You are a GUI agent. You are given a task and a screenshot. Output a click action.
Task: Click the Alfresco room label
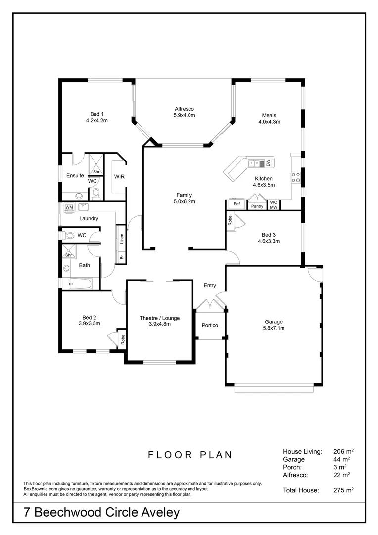coord(184,109)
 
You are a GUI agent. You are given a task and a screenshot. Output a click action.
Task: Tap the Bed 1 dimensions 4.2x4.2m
coord(96,120)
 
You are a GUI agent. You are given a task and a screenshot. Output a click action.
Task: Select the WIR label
coord(119,176)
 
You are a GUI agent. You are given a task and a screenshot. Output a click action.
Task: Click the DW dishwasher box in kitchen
coord(267,162)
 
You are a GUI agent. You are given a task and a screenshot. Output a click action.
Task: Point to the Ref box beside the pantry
coord(236,204)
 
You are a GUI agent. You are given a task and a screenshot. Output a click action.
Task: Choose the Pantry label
coord(257,206)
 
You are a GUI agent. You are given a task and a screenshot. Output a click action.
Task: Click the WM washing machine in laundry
coord(69,207)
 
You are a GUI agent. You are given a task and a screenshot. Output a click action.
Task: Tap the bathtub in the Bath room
coord(80,284)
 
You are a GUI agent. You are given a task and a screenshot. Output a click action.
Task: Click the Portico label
coord(210,325)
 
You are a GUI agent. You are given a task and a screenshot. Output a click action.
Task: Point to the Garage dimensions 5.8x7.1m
coord(273,328)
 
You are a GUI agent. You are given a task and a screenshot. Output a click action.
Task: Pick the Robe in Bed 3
coord(230,220)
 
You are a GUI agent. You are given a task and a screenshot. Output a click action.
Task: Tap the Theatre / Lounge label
coord(159,318)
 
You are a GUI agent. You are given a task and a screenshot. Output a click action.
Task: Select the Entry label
coord(210,285)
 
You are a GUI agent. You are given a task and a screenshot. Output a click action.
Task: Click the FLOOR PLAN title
coord(190,455)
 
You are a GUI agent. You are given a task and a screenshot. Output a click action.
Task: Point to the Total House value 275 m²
coord(343,490)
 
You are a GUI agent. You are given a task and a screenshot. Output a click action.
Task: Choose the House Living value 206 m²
coord(343,452)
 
